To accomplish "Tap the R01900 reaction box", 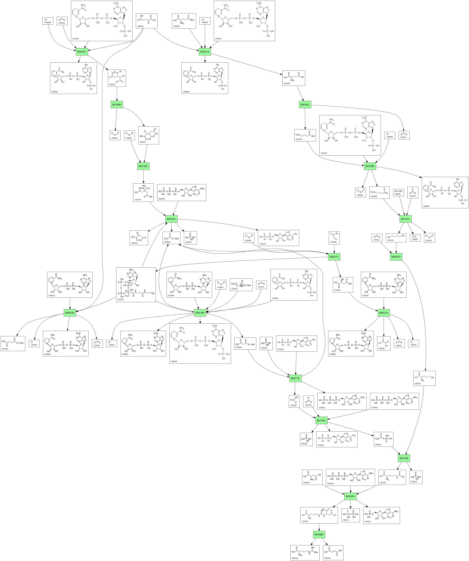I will [117, 104].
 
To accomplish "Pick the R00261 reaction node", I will [305, 104].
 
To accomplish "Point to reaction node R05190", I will [200, 313].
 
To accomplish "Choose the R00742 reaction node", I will [295, 378].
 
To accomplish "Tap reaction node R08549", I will [70, 313].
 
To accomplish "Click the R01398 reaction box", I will [404, 458].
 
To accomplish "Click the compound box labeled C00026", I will [146, 21].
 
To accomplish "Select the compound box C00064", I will [184, 21].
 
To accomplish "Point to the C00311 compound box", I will [117, 78].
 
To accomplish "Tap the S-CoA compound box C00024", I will [171, 238].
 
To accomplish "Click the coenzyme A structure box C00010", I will [136, 285].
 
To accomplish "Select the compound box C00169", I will [383, 439].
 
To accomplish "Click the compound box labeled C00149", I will [343, 285].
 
